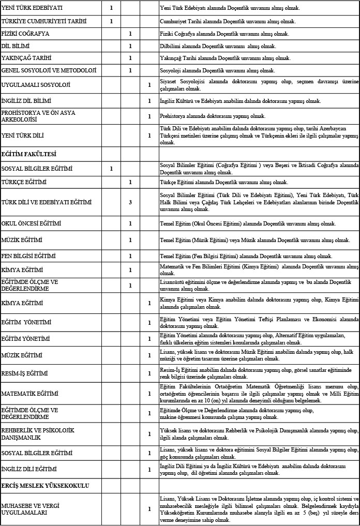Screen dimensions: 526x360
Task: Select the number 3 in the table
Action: pos(130,202)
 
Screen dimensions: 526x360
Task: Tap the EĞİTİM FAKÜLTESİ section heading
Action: pos(29,154)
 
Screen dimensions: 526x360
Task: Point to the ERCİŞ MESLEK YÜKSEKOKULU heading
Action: pos(46,486)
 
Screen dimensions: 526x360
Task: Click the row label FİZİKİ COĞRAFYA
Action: pos(25,34)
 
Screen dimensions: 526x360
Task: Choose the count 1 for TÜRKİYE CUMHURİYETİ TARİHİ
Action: pos(111,21)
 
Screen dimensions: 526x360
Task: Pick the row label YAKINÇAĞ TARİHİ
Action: pos(26,58)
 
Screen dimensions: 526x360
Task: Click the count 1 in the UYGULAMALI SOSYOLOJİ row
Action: pos(149,85)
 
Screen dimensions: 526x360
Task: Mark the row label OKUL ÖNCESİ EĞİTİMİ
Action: pos(32,223)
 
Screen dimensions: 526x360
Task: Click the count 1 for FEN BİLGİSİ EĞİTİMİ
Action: pos(130,256)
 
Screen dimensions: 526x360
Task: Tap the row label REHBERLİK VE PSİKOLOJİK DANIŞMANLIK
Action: pos(38,433)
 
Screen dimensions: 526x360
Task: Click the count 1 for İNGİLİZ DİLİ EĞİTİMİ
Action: pos(149,469)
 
